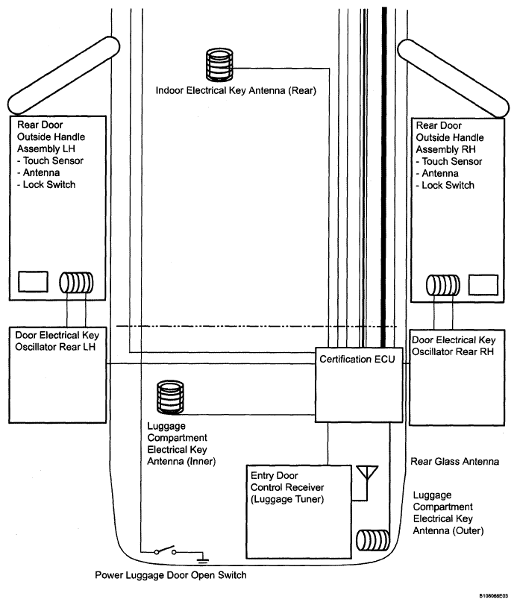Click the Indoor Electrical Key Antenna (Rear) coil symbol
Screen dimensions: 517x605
pos(219,64)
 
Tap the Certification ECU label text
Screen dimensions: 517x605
pos(357,360)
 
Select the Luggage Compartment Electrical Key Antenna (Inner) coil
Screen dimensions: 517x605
pos(170,398)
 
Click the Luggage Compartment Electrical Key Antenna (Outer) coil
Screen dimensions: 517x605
pos(372,540)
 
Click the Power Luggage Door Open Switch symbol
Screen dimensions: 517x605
pos(165,551)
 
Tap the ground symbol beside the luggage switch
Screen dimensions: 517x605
pos(203,559)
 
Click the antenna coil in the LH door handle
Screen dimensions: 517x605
pos(76,283)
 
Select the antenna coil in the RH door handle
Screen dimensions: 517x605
pos(443,285)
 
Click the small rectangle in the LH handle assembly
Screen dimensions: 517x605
pos(33,281)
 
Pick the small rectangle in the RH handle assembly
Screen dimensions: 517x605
pos(483,285)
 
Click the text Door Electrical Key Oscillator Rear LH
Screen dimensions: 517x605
pos(57,341)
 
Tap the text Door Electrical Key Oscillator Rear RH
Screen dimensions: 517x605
pos(454,345)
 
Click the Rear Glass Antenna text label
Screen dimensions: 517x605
pos(455,462)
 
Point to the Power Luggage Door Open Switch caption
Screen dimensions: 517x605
pos(171,575)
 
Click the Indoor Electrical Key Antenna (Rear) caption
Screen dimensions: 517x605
pos(236,91)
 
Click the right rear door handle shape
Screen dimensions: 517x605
pos(454,78)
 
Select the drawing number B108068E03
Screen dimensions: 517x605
pos(494,596)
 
